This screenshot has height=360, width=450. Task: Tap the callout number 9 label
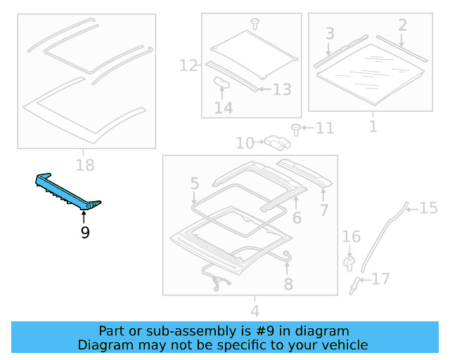point(85,232)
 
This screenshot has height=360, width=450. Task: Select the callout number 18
point(84,166)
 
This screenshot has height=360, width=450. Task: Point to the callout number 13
point(281,89)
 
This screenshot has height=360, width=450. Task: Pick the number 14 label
point(223,108)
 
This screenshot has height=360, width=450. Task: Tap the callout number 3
point(329,33)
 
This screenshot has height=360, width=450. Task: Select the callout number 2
point(401,25)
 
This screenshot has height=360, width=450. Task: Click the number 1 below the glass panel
point(373,127)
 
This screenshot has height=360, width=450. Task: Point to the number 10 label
point(245,143)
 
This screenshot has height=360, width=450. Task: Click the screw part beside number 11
point(296,129)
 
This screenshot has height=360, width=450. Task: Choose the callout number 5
point(195,185)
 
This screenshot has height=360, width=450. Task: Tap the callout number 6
point(297,219)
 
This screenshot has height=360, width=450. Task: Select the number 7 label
point(323,210)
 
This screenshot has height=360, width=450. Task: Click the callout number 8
point(288,284)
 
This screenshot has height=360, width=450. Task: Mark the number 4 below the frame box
point(255,310)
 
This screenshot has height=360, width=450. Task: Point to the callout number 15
point(428,207)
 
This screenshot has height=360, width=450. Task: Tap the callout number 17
point(380,280)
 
